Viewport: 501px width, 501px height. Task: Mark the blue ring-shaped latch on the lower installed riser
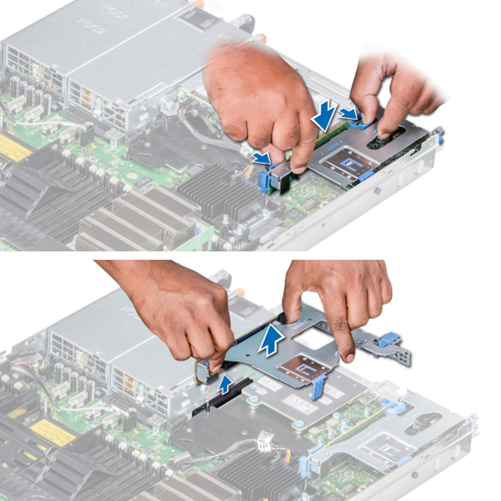pos(393,407)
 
